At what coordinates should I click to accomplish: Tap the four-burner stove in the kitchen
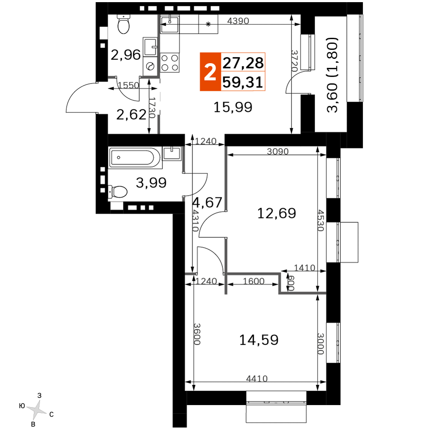coord(170,62)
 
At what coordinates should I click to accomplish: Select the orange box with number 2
coord(210,71)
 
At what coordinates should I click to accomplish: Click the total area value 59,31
coord(243,82)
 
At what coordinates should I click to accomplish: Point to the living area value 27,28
coord(243,63)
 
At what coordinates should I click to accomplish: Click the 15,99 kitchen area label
coord(233,107)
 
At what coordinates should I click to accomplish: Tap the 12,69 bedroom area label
coord(277,213)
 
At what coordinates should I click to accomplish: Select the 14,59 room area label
coord(259,340)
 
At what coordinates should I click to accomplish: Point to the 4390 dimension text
coord(238,21)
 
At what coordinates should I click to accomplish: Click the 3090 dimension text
coord(278,151)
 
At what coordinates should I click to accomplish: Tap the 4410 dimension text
coord(257,378)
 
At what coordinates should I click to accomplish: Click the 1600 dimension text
coord(254,281)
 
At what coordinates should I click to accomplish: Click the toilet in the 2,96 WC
coord(124,24)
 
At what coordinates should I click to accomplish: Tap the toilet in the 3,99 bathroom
coord(118,191)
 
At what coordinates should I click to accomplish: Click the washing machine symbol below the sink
coord(150,66)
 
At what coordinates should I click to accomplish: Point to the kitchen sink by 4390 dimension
coord(170,24)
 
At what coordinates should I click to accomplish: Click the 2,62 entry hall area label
coord(131,114)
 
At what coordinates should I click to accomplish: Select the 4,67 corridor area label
coord(207,203)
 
